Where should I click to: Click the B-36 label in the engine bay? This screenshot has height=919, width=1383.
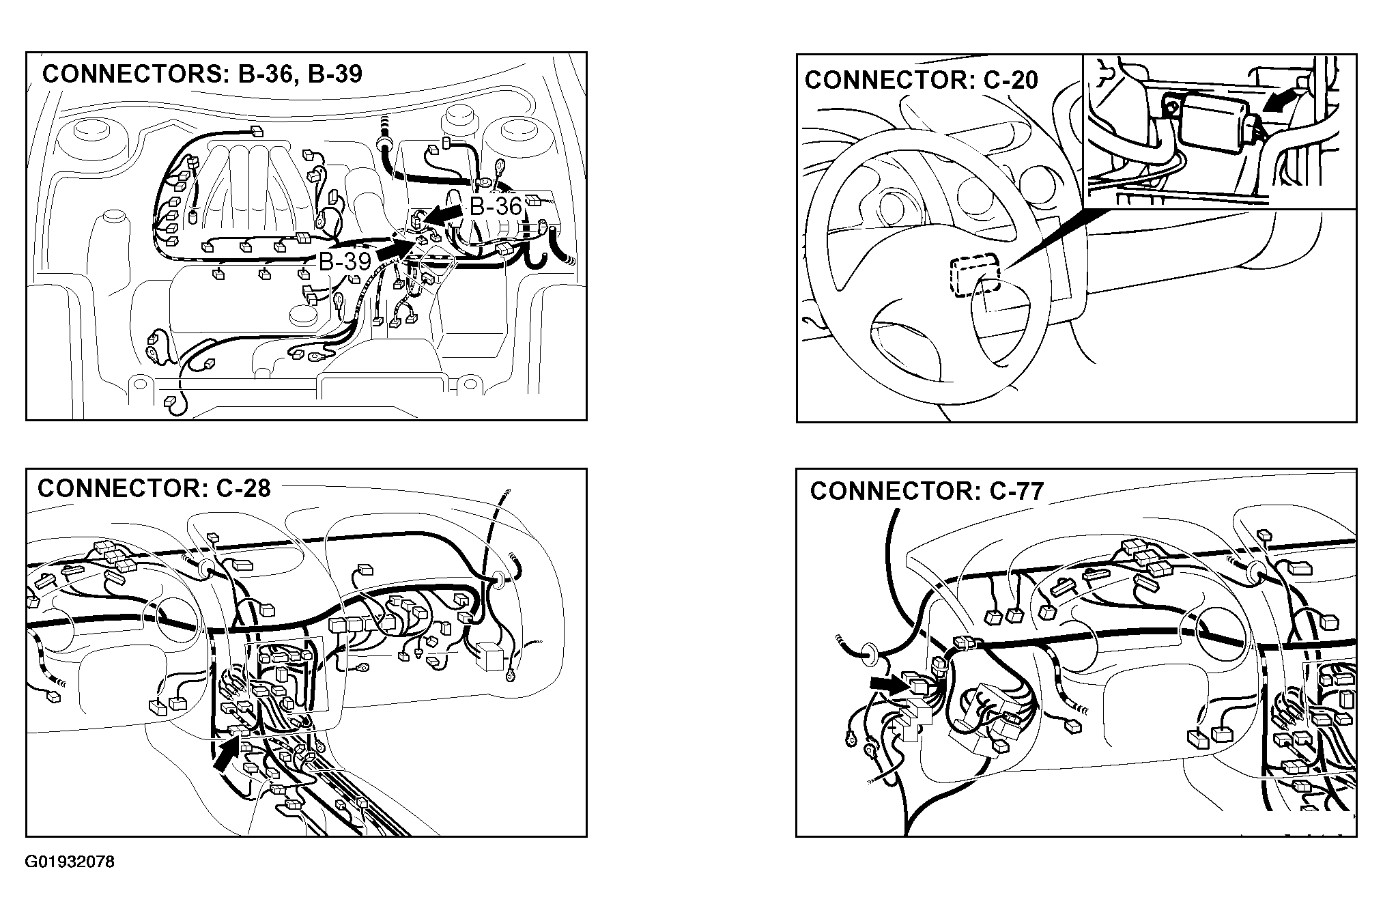point(496,206)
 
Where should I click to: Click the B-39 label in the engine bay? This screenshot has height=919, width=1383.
point(345,261)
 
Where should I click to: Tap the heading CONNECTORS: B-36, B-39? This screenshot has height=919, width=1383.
point(202,74)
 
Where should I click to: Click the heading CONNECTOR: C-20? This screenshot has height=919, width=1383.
point(922,80)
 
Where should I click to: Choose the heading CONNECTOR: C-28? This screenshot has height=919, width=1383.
point(154,488)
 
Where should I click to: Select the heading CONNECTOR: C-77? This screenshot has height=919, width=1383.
point(927,491)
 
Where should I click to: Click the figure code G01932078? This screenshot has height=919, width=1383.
point(70,862)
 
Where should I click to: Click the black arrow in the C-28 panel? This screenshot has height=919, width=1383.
point(227,755)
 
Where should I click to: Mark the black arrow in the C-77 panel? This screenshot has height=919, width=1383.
point(888,685)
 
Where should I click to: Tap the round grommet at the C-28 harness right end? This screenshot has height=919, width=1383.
point(498,580)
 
